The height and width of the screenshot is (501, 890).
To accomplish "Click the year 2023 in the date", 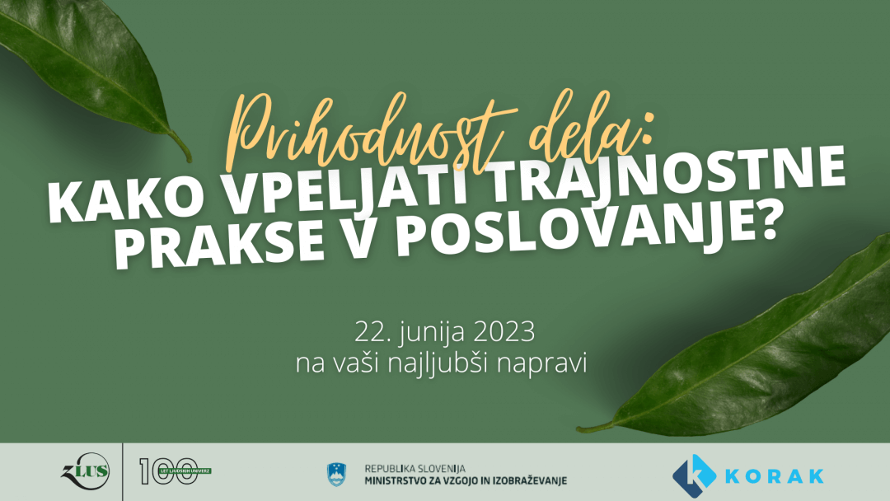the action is coord(504,332).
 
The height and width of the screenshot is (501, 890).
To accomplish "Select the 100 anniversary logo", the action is coord(174,471).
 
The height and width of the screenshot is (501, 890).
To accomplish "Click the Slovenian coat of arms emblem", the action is coord(336,475).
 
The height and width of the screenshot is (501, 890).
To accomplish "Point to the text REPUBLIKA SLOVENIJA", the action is coord(415,469).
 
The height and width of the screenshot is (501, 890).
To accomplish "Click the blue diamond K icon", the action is coord(694,475).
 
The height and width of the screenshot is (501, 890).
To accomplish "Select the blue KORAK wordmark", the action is coord(775,475).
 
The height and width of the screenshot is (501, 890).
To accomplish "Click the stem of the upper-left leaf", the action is coord(180,147).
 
